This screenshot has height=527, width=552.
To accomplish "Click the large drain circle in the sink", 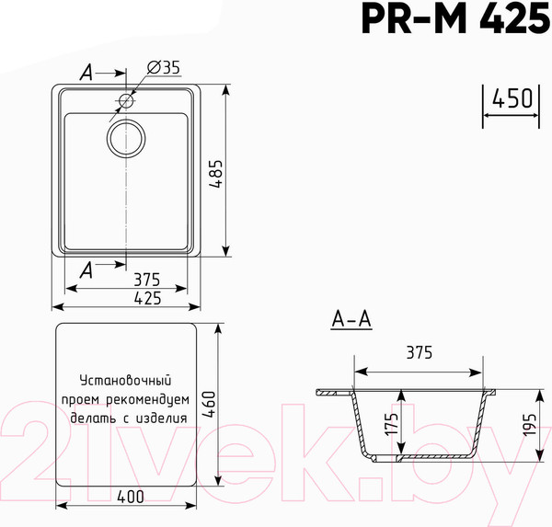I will click(127, 139).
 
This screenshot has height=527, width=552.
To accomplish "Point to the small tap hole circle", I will click(126, 100).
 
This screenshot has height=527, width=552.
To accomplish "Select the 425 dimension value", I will click(146, 297).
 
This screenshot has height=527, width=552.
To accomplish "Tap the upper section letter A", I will click(86, 70).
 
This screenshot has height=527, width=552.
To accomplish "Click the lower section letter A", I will click(86, 269).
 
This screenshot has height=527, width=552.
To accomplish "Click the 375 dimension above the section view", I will click(419, 353).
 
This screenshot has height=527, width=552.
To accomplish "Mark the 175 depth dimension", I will click(391, 425).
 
